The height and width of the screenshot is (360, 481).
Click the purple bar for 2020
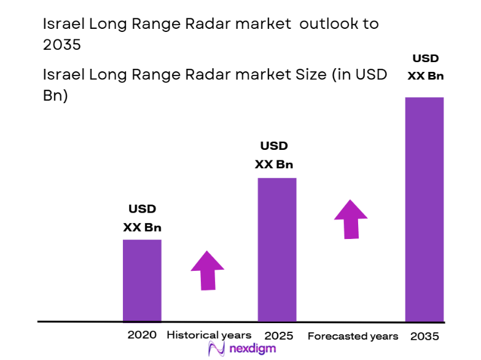coord(142,280)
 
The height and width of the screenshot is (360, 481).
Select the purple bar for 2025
coord(276,249)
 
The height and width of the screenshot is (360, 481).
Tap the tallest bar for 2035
coord(424,209)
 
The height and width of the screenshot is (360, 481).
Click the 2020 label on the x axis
coord(142,335)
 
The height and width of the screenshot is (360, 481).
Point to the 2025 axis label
coord(278,336)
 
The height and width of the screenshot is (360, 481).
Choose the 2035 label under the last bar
coord(424,337)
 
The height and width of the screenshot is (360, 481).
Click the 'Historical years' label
coord(209,335)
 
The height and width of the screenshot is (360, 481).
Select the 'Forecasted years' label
coord(353,336)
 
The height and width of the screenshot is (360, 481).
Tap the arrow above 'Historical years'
coord(208,270)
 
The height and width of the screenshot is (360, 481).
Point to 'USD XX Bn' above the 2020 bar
coord(142,218)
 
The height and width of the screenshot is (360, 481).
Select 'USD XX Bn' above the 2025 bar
coord(274,155)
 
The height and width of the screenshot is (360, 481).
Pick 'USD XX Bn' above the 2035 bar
coord(425,68)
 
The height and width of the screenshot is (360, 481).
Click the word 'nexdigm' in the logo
coord(252,348)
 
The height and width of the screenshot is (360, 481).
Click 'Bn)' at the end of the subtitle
coord(55,96)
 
